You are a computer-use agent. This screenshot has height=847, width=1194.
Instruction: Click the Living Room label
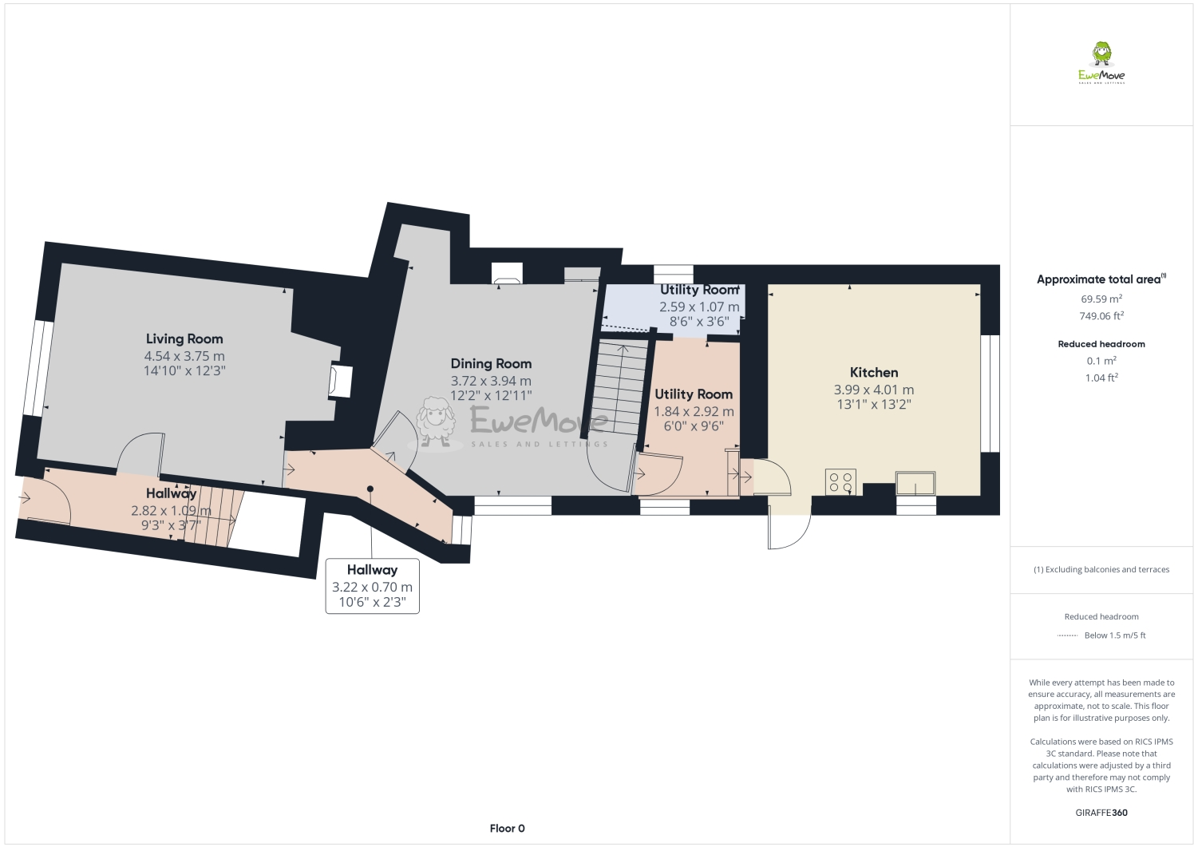pos(184,338)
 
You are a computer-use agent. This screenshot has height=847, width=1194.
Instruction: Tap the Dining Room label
pos(491,363)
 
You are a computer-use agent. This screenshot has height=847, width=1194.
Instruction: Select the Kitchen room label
pos(874,372)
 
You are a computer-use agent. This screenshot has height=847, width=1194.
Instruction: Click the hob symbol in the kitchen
pos(840,482)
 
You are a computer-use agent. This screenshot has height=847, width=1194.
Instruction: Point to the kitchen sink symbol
pos(915,484)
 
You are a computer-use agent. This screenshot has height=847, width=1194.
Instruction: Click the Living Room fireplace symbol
pos(341,381)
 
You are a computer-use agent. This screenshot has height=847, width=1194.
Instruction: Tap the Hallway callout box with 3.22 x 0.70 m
pos(372,586)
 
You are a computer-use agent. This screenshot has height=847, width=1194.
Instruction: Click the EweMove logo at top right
pos(1101,63)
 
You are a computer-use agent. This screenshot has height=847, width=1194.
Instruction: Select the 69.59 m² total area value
pos(1101,299)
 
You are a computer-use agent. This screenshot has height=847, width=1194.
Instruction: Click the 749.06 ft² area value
pos(1101,315)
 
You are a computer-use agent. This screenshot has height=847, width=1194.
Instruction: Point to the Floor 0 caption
pos(507,828)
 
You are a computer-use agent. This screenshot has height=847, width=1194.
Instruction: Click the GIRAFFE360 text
pos(1101,813)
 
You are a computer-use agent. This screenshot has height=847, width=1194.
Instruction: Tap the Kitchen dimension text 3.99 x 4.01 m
pos(874,390)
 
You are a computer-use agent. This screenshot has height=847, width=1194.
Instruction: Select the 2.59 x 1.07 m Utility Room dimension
pos(699,307)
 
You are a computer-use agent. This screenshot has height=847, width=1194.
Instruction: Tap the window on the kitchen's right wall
pos(990,393)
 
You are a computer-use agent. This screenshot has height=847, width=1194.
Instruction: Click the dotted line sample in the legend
pos(1067,635)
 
